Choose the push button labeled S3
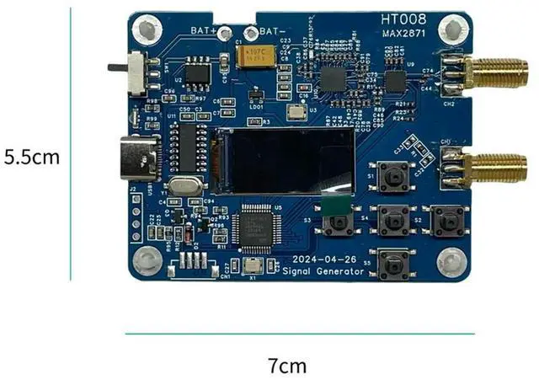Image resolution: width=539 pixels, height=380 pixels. (x=340, y=222)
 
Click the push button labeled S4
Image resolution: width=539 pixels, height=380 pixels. (x=392, y=221)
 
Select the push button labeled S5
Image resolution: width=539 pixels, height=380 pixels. (x=392, y=264)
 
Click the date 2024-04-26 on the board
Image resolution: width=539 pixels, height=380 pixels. (x=324, y=259)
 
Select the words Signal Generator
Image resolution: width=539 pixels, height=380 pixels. (x=324, y=271)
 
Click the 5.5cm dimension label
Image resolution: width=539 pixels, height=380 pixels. (x=32, y=158)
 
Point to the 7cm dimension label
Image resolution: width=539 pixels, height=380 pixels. (x=287, y=366)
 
